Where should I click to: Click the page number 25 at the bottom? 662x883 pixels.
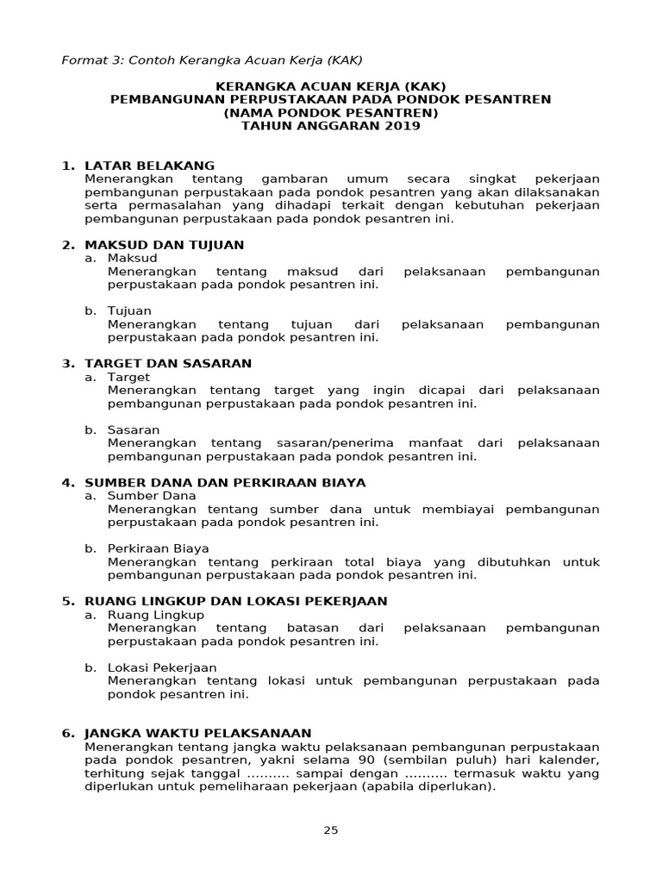tap(331, 830)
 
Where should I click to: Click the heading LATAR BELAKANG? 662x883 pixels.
tap(149, 166)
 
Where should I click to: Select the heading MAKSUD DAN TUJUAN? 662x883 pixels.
tap(164, 245)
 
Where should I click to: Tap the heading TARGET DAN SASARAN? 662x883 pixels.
tap(168, 363)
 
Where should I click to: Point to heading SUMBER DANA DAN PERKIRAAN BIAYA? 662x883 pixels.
tap(225, 482)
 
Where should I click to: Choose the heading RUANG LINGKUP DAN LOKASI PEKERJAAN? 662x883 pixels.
tap(235, 601)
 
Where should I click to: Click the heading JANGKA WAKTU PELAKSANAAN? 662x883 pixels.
tap(197, 733)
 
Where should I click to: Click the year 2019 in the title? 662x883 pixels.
tap(403, 126)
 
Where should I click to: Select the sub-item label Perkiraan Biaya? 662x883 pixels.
tap(158, 548)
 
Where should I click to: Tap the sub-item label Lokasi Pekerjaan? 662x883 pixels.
tap(162, 667)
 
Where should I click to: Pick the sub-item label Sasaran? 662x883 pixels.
tap(134, 429)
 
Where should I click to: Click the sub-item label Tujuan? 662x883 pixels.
tap(129, 310)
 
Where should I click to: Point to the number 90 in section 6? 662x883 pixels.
tap(365, 760)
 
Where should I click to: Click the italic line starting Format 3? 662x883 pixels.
tap(212, 60)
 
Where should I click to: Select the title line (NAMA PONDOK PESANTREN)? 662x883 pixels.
tap(331, 113)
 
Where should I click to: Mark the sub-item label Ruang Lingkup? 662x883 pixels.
tap(156, 615)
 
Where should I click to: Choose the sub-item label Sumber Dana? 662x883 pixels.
tap(152, 496)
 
